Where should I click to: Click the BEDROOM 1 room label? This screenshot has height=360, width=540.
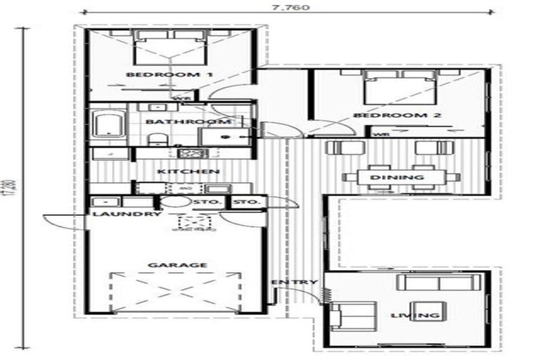click(150, 75)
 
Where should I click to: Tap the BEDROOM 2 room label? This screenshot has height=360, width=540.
click(380, 115)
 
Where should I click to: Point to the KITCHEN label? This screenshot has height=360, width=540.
click(179, 172)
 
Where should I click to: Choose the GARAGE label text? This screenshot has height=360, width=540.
click(167, 265)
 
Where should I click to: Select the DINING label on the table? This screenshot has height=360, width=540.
click(397, 177)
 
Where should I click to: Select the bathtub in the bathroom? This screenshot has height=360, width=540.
click(108, 127)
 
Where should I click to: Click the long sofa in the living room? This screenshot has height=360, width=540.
click(435, 283)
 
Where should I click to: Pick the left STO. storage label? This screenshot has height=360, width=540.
click(214, 202)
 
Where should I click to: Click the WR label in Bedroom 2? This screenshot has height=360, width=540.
click(380, 134)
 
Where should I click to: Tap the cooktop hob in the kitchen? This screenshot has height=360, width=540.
click(189, 153)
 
